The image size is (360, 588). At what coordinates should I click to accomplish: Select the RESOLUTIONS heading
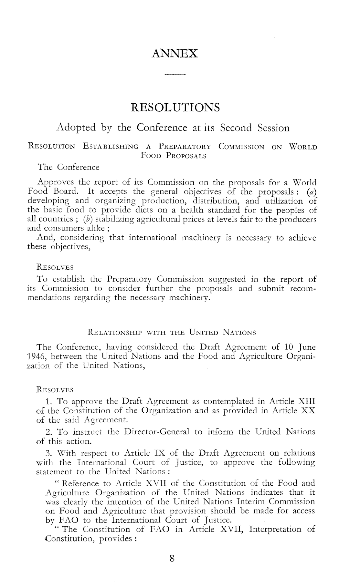pos(175,107)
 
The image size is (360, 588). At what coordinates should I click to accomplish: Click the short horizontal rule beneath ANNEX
pos(175,75)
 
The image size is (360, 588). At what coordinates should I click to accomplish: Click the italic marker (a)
pos(312,192)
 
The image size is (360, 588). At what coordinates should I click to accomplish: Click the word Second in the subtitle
pos(236,128)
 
